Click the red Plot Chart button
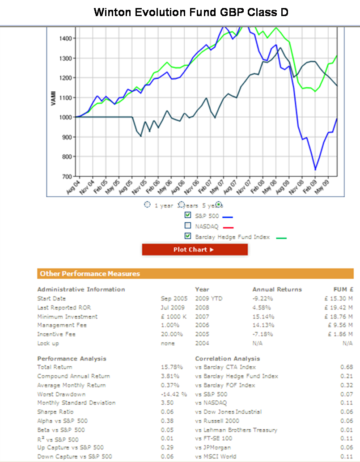pos(195,250)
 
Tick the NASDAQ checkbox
pos(188,226)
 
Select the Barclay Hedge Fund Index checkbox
pos(188,236)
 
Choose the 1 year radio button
pos(148,205)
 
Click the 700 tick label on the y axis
pos(66,176)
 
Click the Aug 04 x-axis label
pos(73,186)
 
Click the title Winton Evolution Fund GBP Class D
pos(191,12)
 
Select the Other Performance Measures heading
pos(90,274)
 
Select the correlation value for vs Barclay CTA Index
pos(347,367)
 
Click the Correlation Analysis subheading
pos(227,359)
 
